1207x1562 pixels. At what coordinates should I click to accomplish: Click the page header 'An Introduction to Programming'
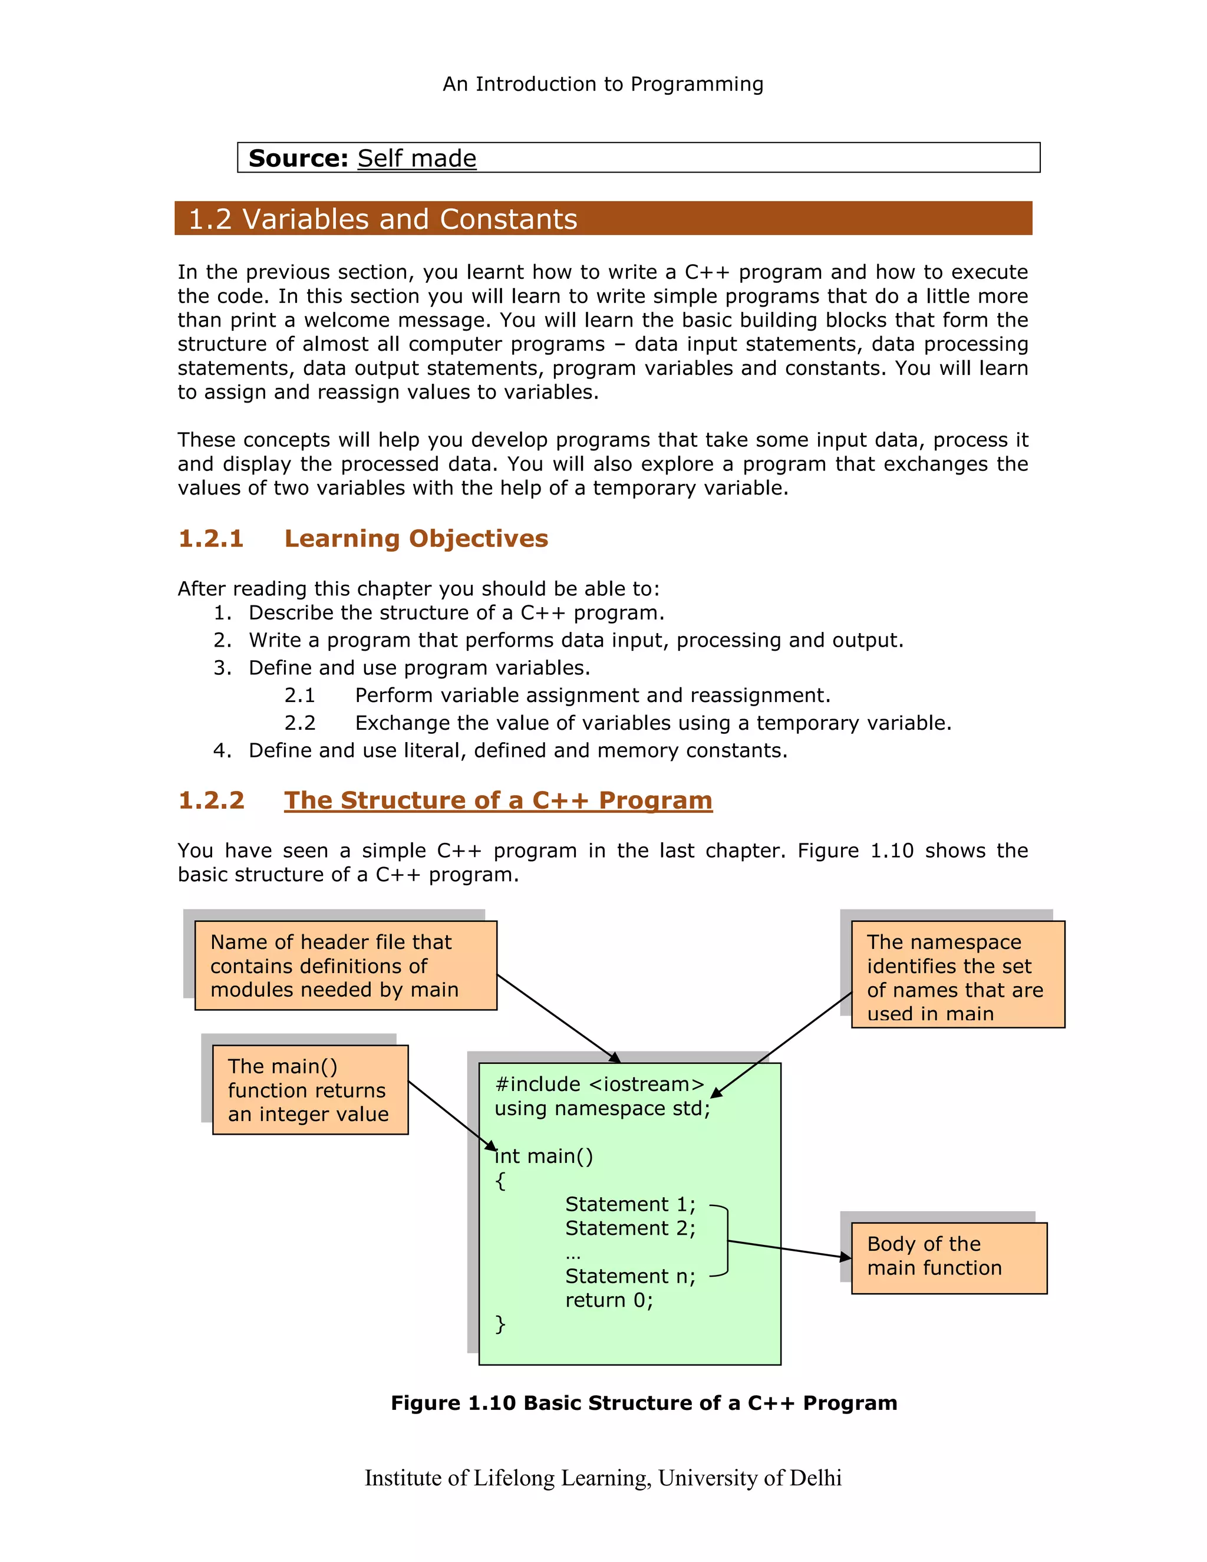click(x=603, y=84)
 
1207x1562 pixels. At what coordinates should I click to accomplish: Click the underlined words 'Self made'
click(x=416, y=158)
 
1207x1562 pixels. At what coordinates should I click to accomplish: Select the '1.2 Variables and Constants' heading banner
click(x=603, y=219)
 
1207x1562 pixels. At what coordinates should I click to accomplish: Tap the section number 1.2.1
click(x=211, y=539)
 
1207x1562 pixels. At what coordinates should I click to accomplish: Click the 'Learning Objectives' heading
click(x=416, y=539)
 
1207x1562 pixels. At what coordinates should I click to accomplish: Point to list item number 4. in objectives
click(x=222, y=750)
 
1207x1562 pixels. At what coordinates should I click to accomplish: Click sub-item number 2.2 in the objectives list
click(x=299, y=723)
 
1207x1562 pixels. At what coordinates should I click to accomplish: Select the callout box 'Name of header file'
click(x=345, y=965)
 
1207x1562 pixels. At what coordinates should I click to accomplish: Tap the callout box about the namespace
click(x=958, y=975)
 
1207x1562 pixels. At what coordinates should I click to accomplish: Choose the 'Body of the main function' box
click(x=948, y=1258)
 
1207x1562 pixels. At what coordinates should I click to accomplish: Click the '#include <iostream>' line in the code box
click(x=599, y=1084)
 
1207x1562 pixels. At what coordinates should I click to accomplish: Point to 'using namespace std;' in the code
click(x=602, y=1109)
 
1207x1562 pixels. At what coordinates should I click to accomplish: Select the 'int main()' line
click(x=543, y=1156)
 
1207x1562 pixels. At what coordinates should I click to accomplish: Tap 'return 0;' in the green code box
click(x=608, y=1300)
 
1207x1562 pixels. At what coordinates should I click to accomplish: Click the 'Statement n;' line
click(x=630, y=1276)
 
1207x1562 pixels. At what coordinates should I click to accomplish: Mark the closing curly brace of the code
click(x=500, y=1324)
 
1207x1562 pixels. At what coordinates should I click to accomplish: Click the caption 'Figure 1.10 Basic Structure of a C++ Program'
click(x=644, y=1403)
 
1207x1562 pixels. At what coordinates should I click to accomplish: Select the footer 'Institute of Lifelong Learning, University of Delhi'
click(x=603, y=1478)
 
